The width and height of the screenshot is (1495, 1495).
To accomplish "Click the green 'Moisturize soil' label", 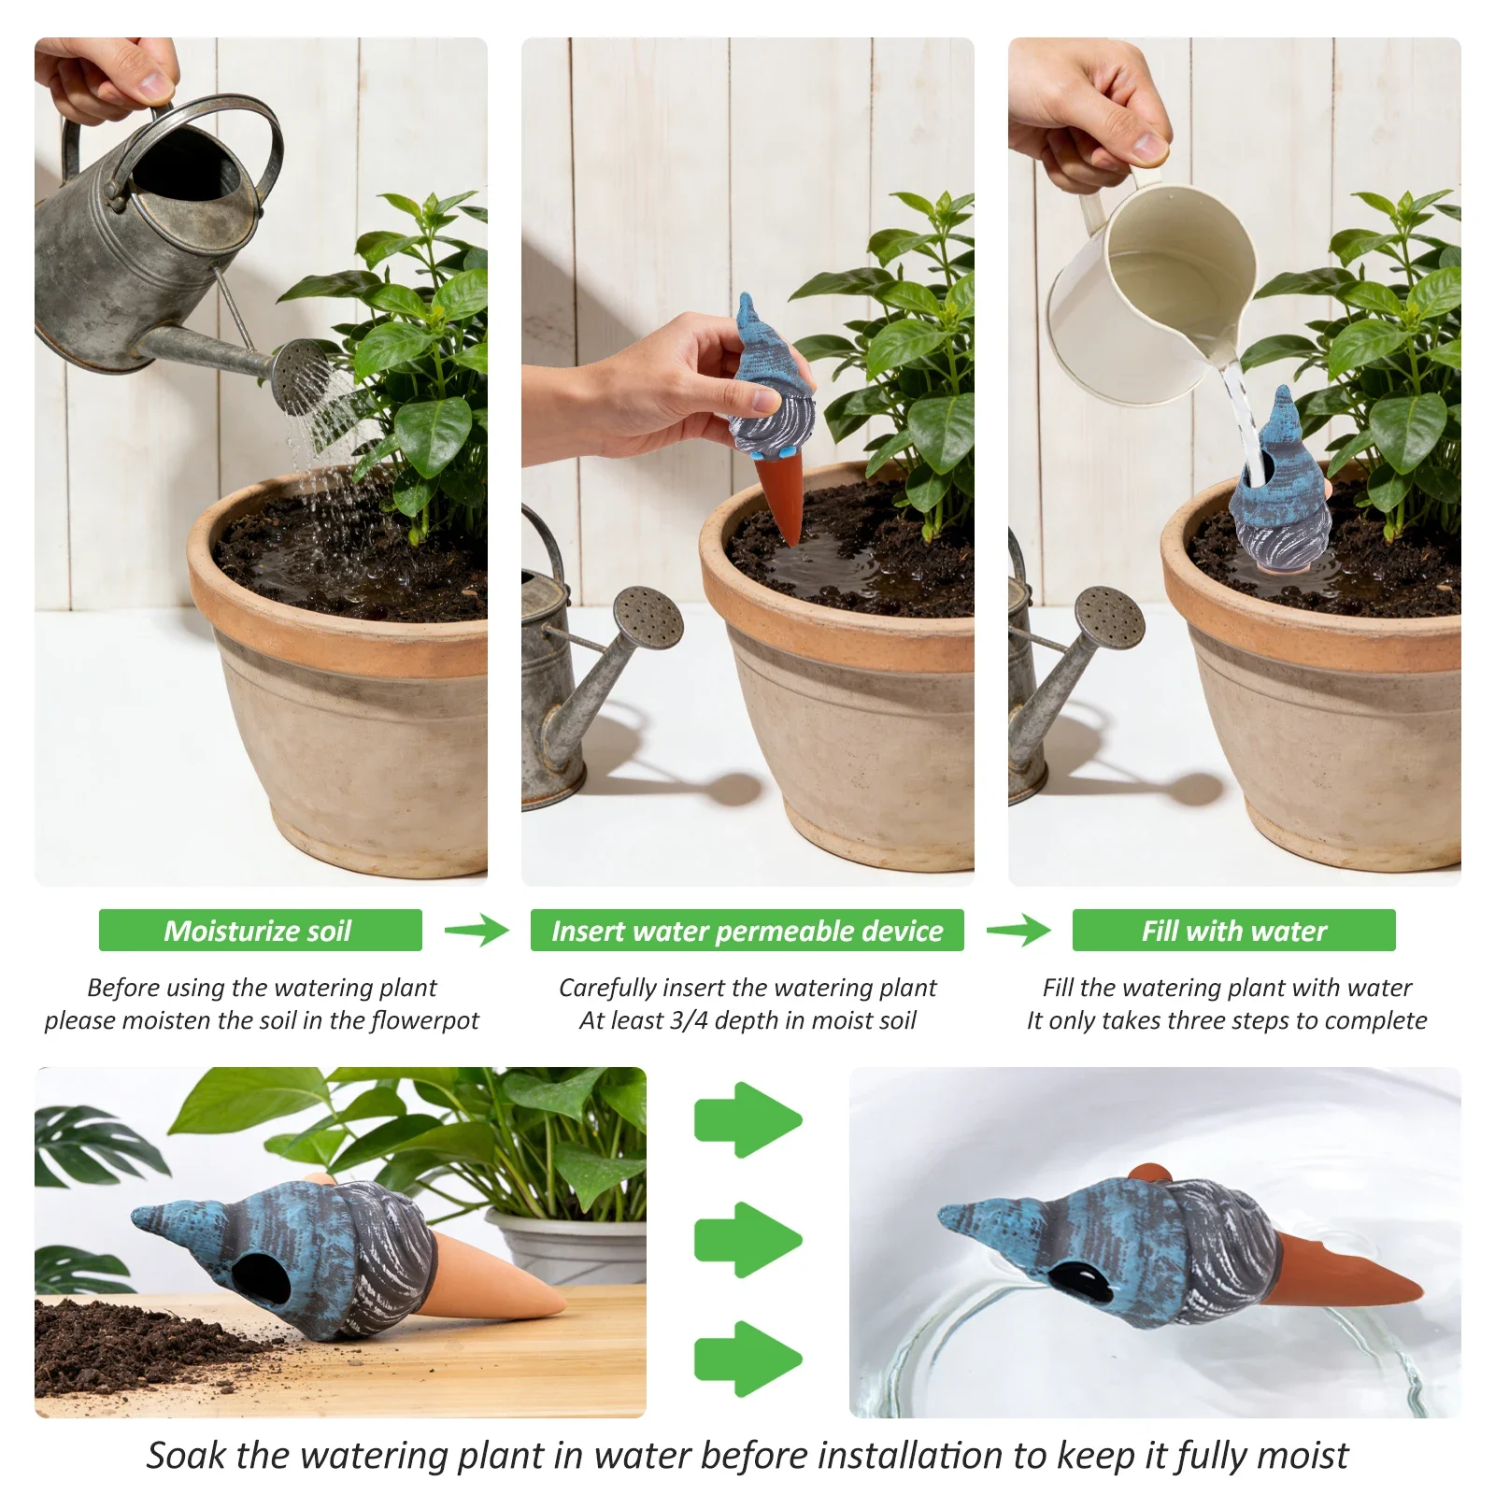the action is (x=260, y=930).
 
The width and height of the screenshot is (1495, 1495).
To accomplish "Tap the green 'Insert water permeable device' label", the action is (x=747, y=930).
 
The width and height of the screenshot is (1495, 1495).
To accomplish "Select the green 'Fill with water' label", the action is (x=1233, y=930).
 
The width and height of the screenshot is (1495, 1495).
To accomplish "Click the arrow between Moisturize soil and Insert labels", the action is (x=477, y=930).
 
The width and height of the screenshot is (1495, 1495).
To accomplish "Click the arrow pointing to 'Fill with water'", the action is (x=1018, y=930).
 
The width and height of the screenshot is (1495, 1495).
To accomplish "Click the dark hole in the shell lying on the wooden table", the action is (x=255, y=1278).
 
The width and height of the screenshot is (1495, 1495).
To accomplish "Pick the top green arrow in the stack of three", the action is (x=747, y=1119).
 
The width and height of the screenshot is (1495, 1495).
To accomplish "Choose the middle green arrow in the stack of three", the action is (x=747, y=1239).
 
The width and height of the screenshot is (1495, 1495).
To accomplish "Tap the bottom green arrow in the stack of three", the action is (x=747, y=1359).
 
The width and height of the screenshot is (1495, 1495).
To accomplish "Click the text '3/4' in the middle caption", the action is (x=689, y=1020).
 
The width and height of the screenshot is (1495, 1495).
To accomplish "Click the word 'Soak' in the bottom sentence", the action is (x=187, y=1455).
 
